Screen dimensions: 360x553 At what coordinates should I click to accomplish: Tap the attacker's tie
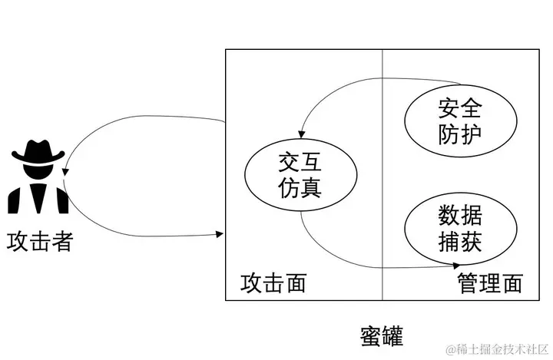pyautogui.click(x=39, y=196)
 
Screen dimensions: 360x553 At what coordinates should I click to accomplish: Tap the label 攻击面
pyautogui.click(x=273, y=283)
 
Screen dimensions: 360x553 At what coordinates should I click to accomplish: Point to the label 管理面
pyautogui.click(x=490, y=283)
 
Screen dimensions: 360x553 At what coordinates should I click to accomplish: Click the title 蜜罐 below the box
pyautogui.click(x=381, y=335)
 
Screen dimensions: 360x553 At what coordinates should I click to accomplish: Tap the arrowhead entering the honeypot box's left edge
pyautogui.click(x=222, y=233)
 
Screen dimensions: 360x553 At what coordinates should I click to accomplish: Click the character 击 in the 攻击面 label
pyautogui.click(x=273, y=283)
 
